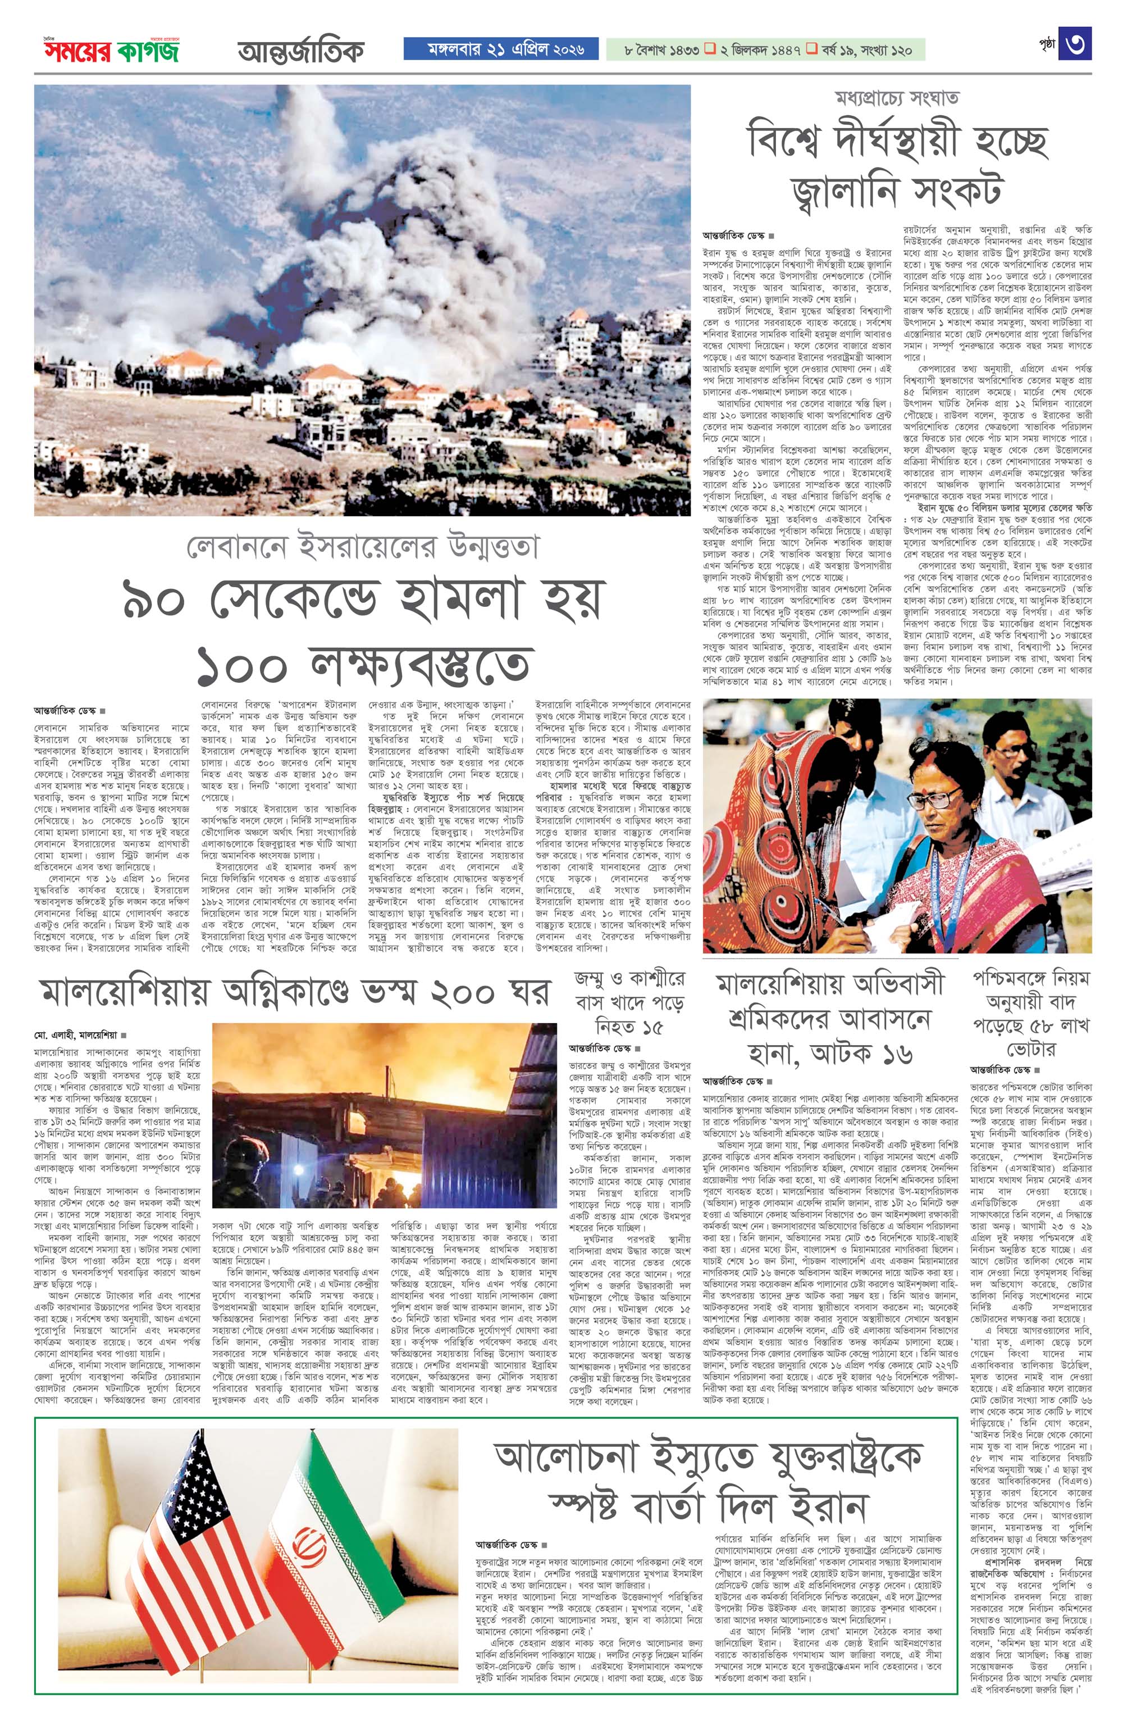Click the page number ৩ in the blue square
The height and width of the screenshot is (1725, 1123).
[1075, 44]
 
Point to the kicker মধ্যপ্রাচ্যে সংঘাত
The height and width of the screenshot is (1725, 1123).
[896, 97]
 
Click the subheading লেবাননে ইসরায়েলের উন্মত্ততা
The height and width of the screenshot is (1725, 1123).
[363, 548]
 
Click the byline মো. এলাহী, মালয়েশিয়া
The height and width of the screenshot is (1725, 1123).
[76, 1034]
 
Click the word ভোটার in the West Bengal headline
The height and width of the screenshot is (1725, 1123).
[1031, 1050]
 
